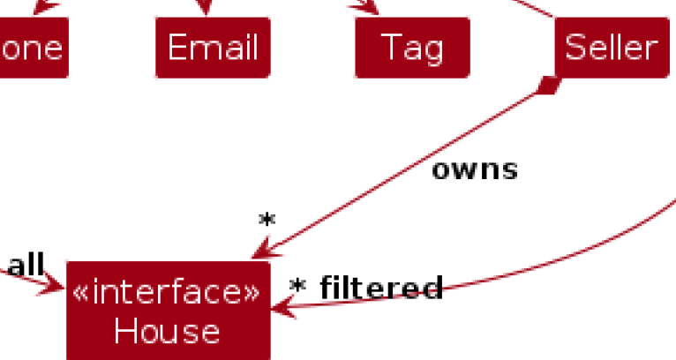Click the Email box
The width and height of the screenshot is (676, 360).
point(213,48)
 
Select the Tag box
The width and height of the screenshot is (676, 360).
point(412,48)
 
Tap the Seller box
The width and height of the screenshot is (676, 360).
point(612,48)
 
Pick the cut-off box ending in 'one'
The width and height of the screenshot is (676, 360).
point(33,48)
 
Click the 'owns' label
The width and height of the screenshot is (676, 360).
point(474,169)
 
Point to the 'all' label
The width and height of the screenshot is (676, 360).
point(26,264)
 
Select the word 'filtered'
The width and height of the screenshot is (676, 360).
point(380,288)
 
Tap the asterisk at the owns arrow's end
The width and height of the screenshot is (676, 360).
point(267,221)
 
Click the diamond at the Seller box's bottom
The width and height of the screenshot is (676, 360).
point(549,86)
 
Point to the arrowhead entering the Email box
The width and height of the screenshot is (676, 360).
point(206,9)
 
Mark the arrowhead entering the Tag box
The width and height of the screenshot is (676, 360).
point(369,7)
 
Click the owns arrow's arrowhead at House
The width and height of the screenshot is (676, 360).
point(259,254)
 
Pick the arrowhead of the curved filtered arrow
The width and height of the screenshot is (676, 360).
point(281,308)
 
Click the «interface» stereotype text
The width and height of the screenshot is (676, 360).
point(167,293)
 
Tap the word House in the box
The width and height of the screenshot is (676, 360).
point(167,332)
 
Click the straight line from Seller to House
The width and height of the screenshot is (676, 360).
point(397,173)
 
